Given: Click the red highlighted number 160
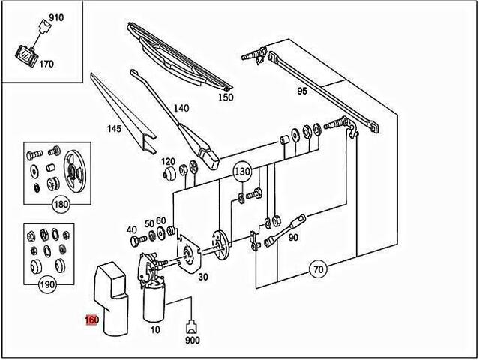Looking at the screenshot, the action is [92, 320].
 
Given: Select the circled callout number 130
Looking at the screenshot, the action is [242, 172].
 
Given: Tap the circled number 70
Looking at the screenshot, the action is [319, 269].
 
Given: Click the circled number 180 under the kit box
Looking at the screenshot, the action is [61, 204].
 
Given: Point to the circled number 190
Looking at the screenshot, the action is [48, 284].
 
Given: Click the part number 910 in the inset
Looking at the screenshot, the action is [56, 17].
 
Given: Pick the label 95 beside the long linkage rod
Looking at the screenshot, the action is [302, 91].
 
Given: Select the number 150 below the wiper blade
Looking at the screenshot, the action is [226, 97].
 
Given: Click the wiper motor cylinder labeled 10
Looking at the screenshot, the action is [154, 304].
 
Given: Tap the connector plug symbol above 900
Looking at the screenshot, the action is [191, 327].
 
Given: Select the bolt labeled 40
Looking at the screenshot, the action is [136, 241].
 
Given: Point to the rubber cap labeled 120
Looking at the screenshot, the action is [169, 174].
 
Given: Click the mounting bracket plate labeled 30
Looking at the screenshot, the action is [188, 254].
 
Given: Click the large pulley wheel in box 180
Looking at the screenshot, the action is [74, 171].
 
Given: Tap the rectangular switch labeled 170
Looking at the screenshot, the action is [26, 56].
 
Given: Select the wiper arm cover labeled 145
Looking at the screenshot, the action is [123, 112].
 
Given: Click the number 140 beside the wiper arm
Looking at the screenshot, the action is [181, 108].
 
